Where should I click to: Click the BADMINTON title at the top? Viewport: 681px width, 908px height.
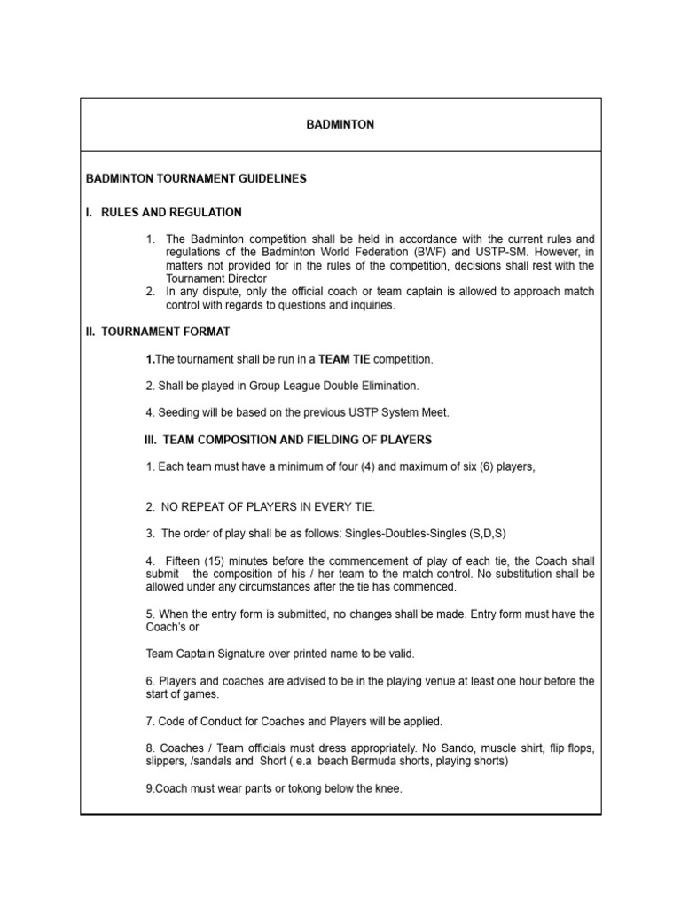tap(340, 125)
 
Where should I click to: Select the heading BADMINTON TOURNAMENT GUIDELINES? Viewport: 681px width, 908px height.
tap(196, 178)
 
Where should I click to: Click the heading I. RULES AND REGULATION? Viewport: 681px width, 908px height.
tap(163, 212)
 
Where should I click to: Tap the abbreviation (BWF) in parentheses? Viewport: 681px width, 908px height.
tap(410, 253)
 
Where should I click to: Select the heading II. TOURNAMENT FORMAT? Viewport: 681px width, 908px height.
tap(158, 332)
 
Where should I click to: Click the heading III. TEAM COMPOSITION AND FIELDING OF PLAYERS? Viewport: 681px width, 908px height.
tap(288, 440)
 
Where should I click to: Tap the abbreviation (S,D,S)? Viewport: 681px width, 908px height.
tap(480, 533)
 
